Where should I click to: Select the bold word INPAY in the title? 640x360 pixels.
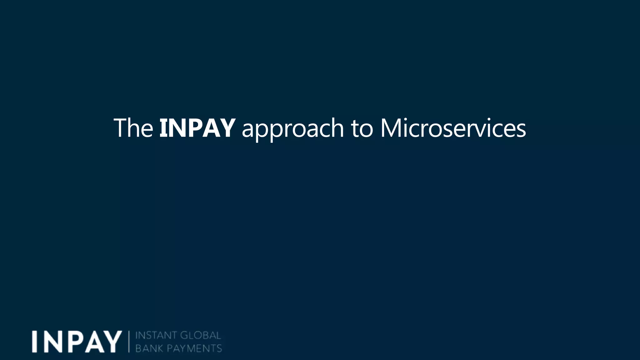coord(197,128)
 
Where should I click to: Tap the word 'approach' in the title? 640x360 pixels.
coord(292,129)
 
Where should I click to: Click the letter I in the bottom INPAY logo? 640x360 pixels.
coord(35,342)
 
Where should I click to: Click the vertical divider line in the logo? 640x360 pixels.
coord(129,342)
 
